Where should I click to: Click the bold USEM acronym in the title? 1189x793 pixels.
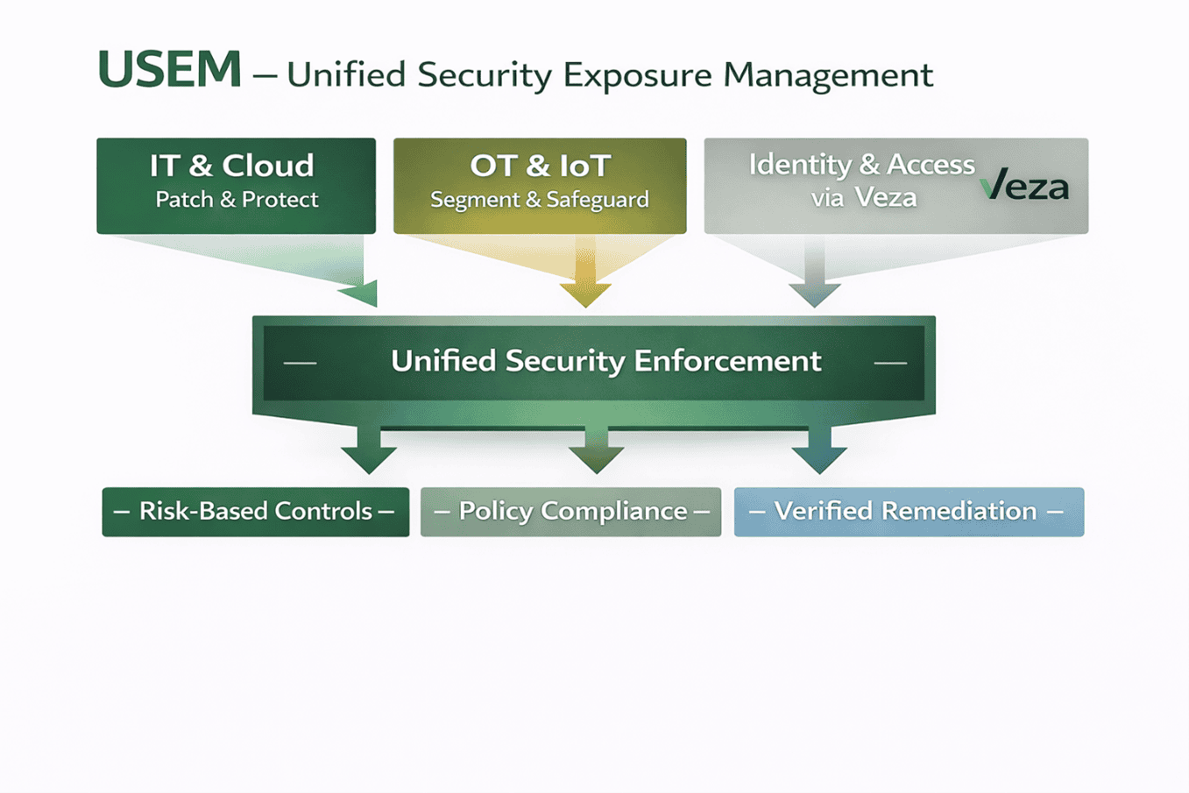click(x=169, y=70)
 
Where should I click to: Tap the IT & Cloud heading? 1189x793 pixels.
click(x=231, y=166)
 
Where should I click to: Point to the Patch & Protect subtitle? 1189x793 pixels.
click(x=237, y=200)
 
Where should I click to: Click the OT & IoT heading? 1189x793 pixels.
click(x=540, y=166)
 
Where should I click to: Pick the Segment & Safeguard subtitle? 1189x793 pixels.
click(x=540, y=200)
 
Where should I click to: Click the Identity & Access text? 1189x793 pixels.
click(x=861, y=165)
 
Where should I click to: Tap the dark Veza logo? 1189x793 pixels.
click(x=1024, y=186)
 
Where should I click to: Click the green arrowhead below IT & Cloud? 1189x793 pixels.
click(x=362, y=294)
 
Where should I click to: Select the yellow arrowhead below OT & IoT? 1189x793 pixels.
click(x=585, y=294)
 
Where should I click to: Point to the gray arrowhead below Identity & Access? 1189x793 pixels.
click(x=814, y=294)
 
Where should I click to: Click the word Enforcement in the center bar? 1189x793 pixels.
click(x=727, y=361)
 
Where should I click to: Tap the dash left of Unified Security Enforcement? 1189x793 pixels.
click(x=301, y=363)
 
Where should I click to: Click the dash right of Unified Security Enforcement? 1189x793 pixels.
click(x=890, y=363)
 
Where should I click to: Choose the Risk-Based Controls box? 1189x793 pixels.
click(x=255, y=512)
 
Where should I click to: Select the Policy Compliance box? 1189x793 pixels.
click(x=570, y=512)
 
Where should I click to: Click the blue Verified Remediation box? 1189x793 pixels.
click(x=909, y=512)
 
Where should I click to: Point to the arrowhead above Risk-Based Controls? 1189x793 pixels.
click(x=369, y=458)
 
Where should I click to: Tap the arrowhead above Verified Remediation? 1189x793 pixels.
click(x=818, y=458)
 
